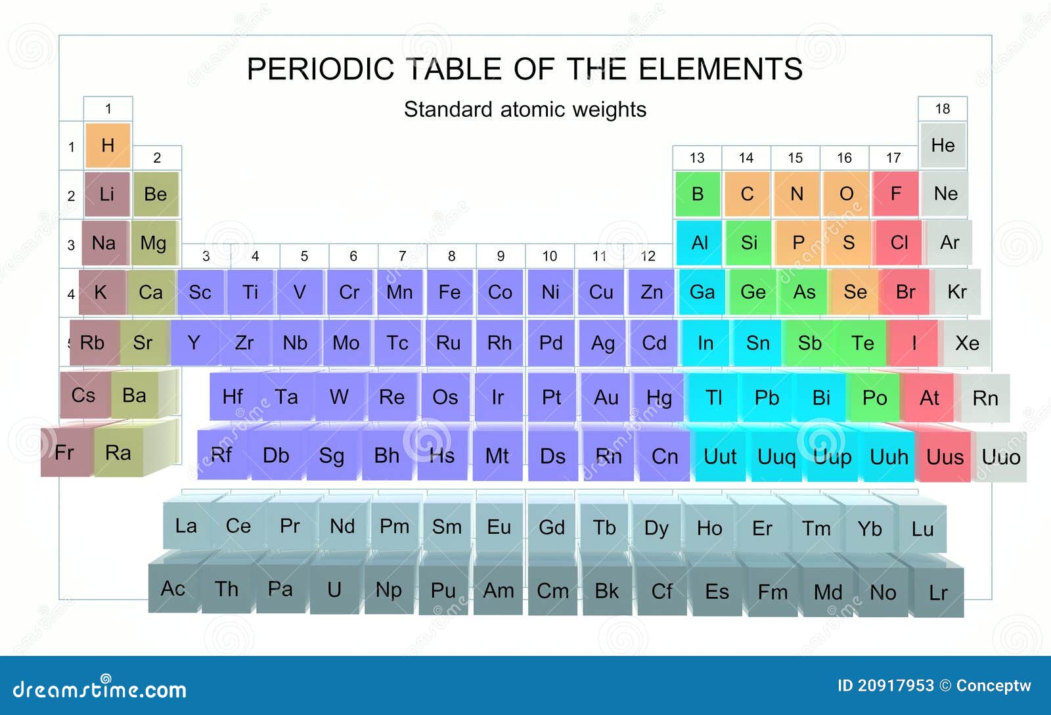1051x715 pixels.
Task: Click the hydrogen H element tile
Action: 108,145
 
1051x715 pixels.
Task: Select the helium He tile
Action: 943,145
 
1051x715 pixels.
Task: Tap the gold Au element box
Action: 606,398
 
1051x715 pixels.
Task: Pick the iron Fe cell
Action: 449,292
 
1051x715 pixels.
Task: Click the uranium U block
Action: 334,590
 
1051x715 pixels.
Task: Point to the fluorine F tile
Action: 896,194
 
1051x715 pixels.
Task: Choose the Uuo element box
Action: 1001,457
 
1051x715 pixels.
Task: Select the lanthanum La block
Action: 186,526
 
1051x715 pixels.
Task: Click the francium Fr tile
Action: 66,452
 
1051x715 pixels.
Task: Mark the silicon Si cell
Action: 749,243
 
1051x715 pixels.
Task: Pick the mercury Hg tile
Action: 660,398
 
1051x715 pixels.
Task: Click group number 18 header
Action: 943,109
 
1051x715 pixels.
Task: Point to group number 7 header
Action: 403,256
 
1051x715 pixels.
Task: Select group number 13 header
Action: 697,158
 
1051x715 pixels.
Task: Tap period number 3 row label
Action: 71,245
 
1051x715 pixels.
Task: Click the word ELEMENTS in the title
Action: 720,69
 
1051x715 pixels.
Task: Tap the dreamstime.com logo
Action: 99,688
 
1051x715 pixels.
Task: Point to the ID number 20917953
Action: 896,685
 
